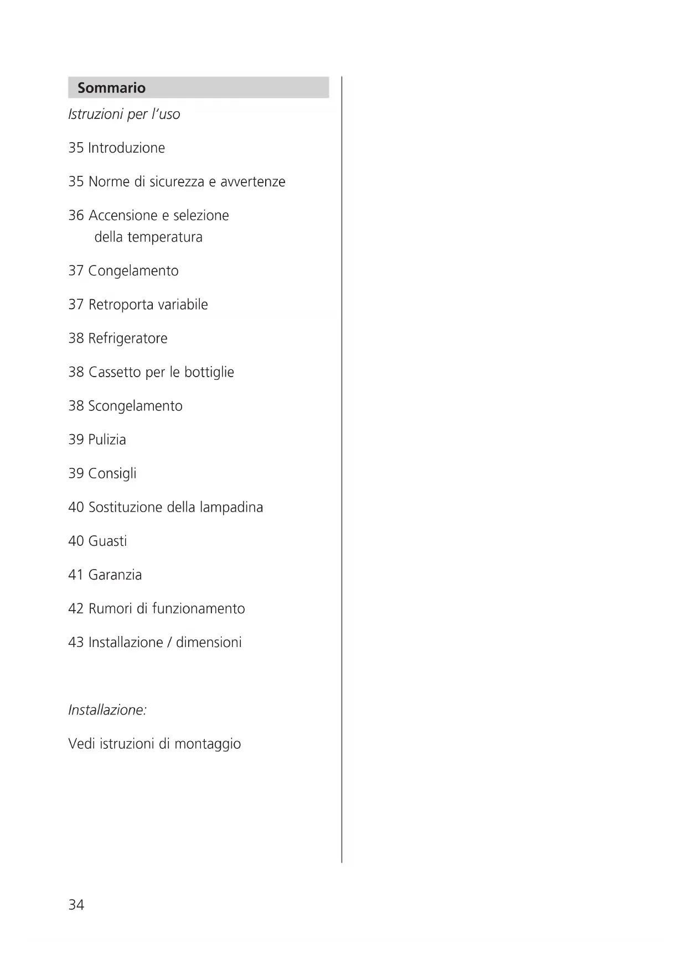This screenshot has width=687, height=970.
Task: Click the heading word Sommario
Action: [x=111, y=88]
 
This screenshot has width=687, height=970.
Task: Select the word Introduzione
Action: [x=126, y=148]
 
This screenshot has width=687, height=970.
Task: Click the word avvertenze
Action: [x=252, y=182]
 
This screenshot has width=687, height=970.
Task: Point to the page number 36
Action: [x=76, y=216]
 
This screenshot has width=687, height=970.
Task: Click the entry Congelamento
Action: [x=133, y=272]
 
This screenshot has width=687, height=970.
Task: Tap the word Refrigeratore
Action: [x=127, y=338]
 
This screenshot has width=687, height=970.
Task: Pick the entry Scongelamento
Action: [x=135, y=406]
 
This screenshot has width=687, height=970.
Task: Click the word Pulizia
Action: [x=107, y=440]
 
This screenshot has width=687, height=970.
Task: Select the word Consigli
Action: [x=112, y=474]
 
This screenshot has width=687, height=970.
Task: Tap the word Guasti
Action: [x=107, y=541]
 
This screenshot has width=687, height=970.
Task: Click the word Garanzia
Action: [x=115, y=575]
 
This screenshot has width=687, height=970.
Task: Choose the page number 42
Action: [x=76, y=609]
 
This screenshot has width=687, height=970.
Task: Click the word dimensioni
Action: [x=209, y=643]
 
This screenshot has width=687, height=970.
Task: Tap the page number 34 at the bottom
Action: [x=76, y=905]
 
